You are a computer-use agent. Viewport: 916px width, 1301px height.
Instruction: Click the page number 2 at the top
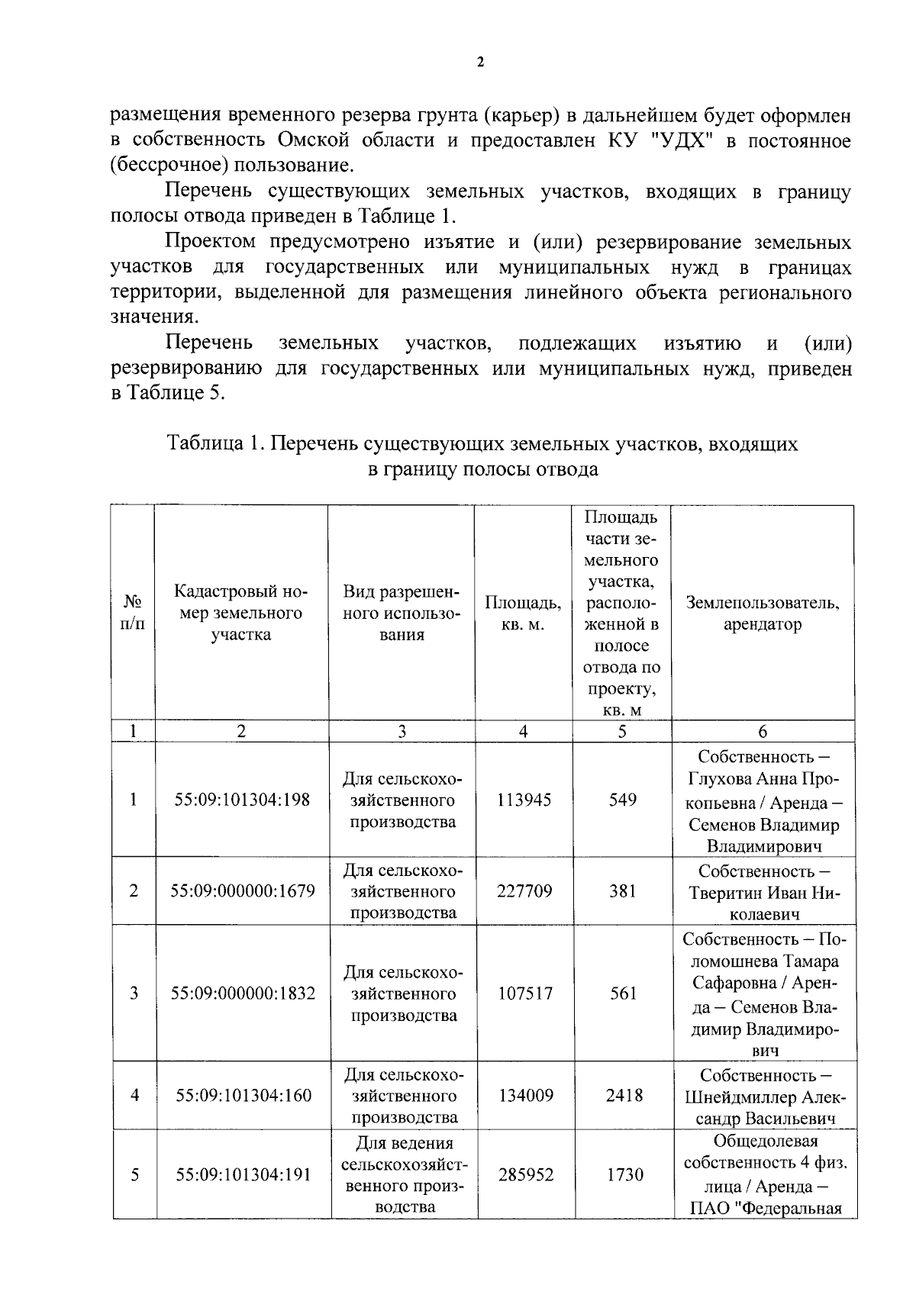tap(479, 63)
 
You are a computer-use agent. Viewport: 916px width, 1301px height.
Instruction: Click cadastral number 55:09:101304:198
tap(242, 800)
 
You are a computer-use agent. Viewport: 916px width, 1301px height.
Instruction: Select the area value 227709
tap(524, 890)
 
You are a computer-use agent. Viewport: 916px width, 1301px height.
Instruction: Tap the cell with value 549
tap(622, 800)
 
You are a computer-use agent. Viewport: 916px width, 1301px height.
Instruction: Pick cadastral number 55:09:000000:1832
tap(242, 993)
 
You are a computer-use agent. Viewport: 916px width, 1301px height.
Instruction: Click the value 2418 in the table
tap(624, 1095)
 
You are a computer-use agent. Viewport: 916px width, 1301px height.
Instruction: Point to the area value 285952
tap(525, 1174)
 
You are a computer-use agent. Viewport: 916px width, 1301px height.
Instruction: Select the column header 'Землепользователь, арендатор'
tap(762, 613)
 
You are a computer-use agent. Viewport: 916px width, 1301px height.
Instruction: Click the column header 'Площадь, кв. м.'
tap(523, 613)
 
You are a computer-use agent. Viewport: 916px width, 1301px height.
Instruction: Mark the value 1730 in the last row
tap(624, 1174)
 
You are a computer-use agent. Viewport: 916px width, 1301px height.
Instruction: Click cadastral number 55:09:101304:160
tap(244, 1095)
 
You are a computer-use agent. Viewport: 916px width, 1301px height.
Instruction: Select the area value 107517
tap(524, 993)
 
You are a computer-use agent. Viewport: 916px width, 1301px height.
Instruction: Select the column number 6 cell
tap(762, 731)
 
